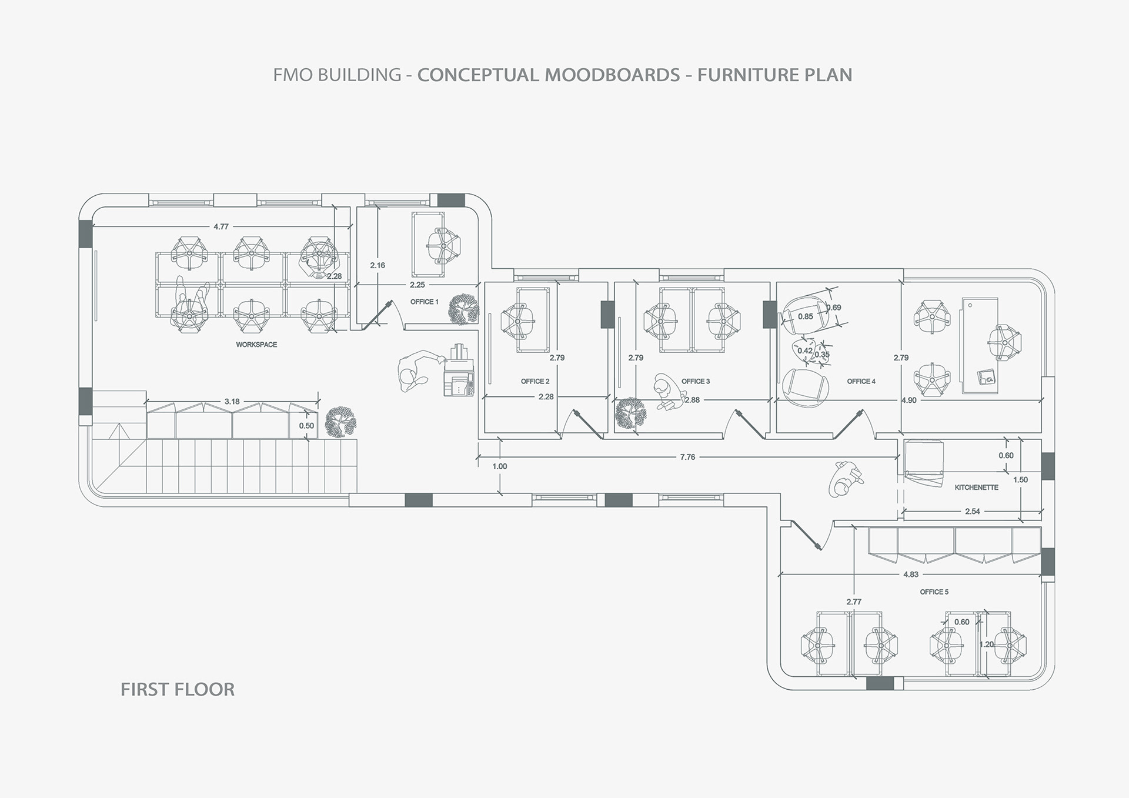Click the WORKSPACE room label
256,345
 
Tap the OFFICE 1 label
424,302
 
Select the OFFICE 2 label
535,381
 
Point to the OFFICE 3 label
696,381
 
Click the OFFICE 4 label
861,381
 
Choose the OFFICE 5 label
934,592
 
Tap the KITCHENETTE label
976,488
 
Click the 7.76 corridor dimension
687,457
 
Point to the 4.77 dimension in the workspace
221,226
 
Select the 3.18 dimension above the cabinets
232,402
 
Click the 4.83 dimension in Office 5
911,575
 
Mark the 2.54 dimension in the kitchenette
973,512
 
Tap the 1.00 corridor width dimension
499,466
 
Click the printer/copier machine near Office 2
458,371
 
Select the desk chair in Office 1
443,244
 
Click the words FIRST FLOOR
178,689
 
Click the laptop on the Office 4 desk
987,377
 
